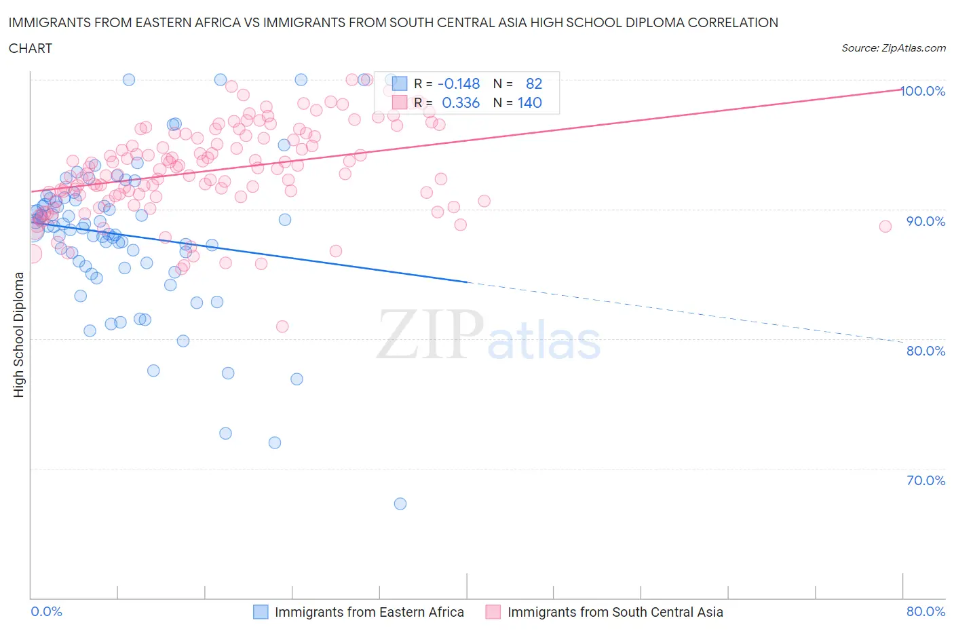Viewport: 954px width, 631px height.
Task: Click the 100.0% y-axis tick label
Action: click(x=923, y=91)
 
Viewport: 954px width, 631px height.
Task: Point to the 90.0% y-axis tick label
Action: click(x=926, y=221)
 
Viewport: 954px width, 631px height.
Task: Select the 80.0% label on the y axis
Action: click(x=926, y=351)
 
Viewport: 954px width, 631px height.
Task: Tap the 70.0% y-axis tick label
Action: click(x=926, y=480)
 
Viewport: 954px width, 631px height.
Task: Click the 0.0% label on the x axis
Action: click(x=46, y=611)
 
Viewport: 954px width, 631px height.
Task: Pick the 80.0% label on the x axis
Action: click(x=926, y=611)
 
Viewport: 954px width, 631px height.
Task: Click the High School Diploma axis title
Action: click(x=19, y=334)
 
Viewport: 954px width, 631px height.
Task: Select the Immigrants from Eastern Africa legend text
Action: click(x=369, y=612)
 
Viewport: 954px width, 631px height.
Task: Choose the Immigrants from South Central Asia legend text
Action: click(x=615, y=612)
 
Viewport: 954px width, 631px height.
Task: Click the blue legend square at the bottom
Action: click(x=261, y=612)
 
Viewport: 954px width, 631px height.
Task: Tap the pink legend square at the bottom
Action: click(x=493, y=612)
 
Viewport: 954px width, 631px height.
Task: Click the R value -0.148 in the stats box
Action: click(x=459, y=83)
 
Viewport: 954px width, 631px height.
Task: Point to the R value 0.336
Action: click(x=461, y=102)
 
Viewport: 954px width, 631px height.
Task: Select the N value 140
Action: click(x=529, y=102)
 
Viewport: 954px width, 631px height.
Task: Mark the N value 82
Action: click(x=534, y=83)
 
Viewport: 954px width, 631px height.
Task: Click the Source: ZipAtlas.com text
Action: click(x=893, y=47)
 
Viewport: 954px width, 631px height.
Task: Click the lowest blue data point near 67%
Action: click(x=400, y=503)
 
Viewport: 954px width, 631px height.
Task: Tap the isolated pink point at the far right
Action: click(x=885, y=227)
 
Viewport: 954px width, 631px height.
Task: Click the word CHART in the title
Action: click(x=31, y=48)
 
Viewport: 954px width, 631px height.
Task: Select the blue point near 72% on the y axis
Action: click(x=275, y=442)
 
